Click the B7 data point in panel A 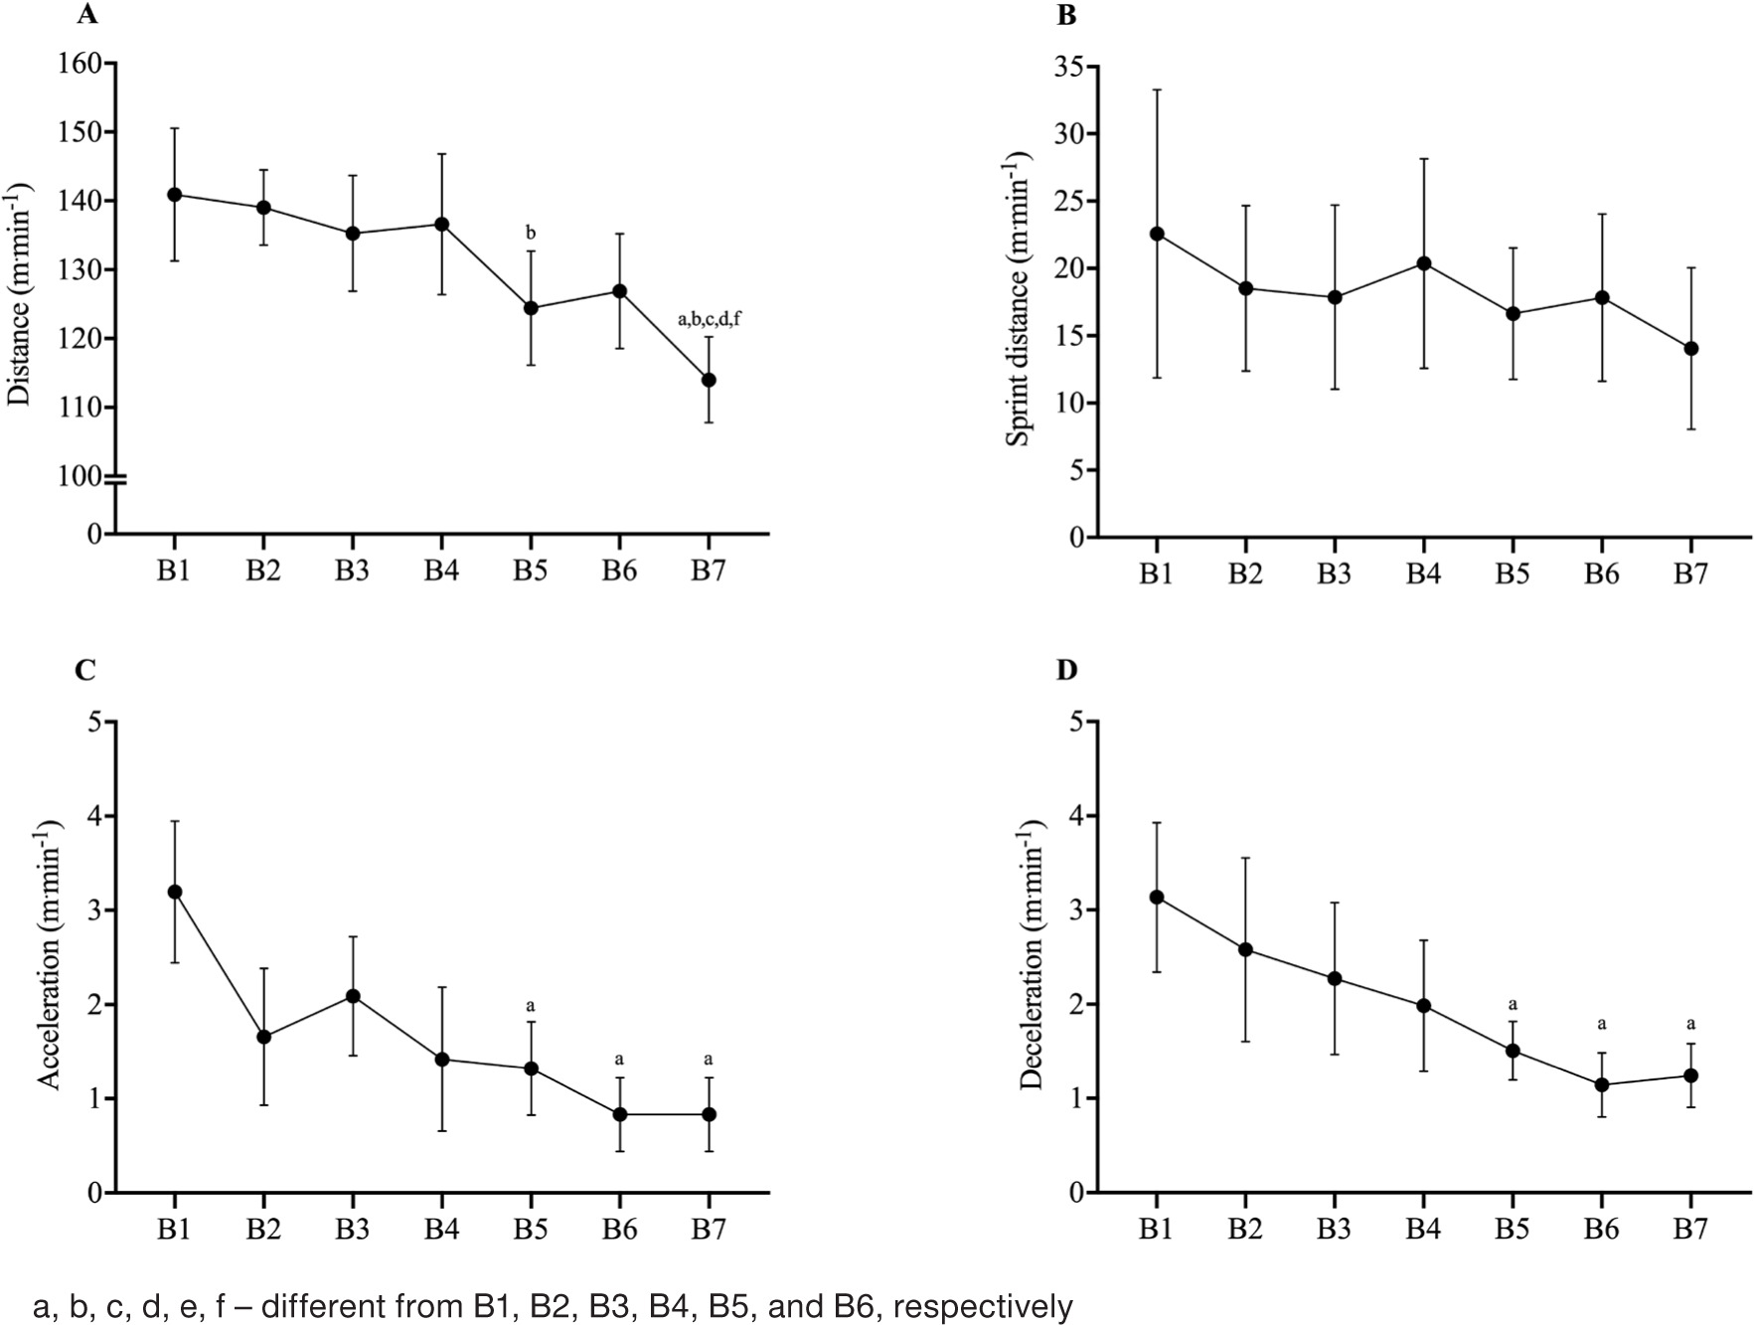coord(709,380)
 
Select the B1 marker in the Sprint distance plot coord(1156,234)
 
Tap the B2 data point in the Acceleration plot coord(263,1037)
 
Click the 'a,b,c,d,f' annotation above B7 coord(709,319)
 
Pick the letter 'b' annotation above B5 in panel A coord(531,234)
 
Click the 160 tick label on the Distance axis coord(80,64)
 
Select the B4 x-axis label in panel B coord(1423,576)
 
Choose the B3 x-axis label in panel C coord(352,1230)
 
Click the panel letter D coord(1066,670)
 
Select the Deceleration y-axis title coord(1033,954)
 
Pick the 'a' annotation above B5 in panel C coord(531,1004)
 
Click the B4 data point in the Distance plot coord(441,224)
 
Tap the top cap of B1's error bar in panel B coord(1156,89)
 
